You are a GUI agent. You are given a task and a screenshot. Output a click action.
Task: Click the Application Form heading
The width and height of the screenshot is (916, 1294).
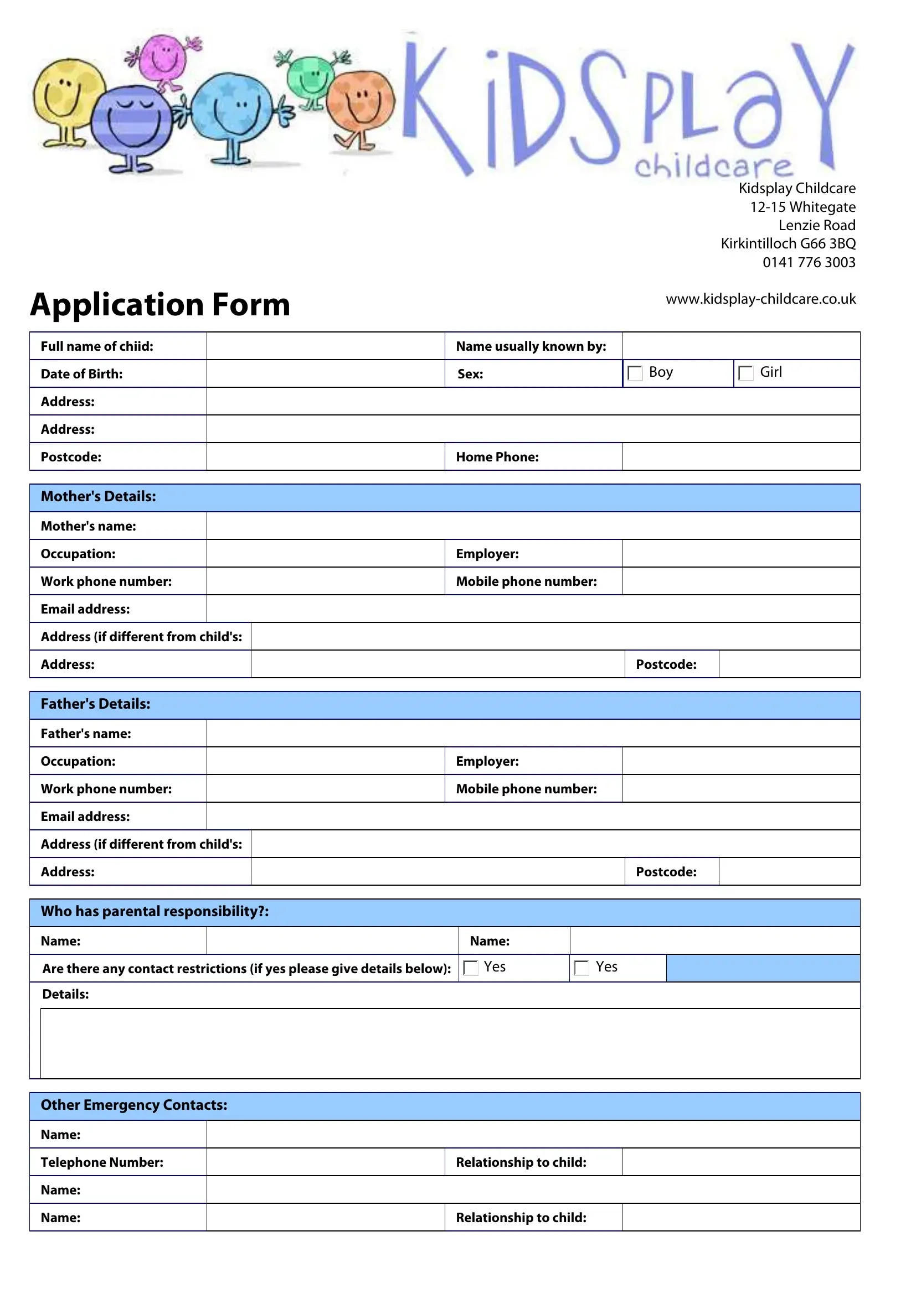pos(160,305)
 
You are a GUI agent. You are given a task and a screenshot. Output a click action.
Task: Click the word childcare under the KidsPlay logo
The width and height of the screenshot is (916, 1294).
pos(713,167)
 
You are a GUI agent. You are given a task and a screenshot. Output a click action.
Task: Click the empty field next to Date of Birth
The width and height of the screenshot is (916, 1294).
pos(326,373)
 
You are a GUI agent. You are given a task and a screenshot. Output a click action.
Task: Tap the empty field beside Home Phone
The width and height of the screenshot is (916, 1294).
pos(740,456)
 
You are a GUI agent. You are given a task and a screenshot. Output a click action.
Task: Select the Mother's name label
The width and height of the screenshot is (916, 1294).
pos(89,526)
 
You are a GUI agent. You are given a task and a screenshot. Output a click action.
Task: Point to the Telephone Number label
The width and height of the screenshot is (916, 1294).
pos(102,1162)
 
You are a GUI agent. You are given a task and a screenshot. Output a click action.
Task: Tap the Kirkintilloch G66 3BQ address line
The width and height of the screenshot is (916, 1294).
pos(788,243)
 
